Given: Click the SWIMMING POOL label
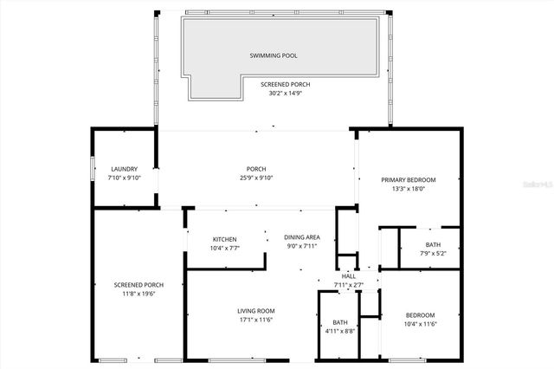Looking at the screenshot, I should click(274, 55).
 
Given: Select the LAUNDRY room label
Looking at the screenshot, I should click(125, 169).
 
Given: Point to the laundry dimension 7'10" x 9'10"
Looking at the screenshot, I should click(125, 178).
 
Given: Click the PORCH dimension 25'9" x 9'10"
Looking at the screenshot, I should click(255, 178).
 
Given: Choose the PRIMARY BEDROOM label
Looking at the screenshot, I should click(409, 179).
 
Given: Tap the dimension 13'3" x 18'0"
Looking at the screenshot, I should click(409, 189).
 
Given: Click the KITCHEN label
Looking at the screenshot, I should click(225, 239).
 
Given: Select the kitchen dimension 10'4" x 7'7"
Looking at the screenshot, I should click(225, 248).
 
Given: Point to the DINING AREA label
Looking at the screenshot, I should click(303, 237).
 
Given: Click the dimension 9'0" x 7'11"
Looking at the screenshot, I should click(303, 247).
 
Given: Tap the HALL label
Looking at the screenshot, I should click(348, 275).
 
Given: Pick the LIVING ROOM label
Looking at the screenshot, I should click(256, 311).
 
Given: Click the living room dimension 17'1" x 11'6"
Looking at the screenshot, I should click(256, 320).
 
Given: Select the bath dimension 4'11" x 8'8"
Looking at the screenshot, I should click(340, 331).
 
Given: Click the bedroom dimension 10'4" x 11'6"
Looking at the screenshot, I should click(420, 324).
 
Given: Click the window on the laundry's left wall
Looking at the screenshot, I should click(93, 169).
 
